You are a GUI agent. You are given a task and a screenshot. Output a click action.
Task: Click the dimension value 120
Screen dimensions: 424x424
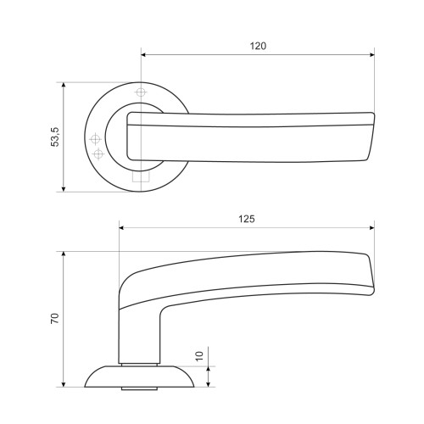(x=258, y=46)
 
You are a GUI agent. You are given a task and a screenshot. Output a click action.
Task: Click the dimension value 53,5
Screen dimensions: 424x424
(x=55, y=137)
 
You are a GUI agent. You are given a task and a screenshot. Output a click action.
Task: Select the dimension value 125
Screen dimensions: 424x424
(x=247, y=219)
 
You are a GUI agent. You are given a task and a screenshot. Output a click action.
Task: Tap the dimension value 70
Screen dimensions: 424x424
(x=55, y=319)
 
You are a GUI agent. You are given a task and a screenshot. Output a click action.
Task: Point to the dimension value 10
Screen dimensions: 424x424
(x=199, y=356)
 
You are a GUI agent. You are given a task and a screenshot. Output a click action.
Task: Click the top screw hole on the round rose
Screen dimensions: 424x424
(x=141, y=92)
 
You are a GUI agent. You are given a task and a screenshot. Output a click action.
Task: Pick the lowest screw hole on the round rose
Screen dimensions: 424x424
(x=98, y=154)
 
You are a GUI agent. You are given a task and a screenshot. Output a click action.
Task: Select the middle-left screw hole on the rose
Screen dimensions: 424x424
(x=95, y=139)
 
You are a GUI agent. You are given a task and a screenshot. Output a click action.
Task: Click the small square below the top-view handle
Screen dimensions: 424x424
(x=141, y=176)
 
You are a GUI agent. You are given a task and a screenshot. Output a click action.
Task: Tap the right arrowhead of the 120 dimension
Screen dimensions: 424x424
(x=371, y=54)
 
